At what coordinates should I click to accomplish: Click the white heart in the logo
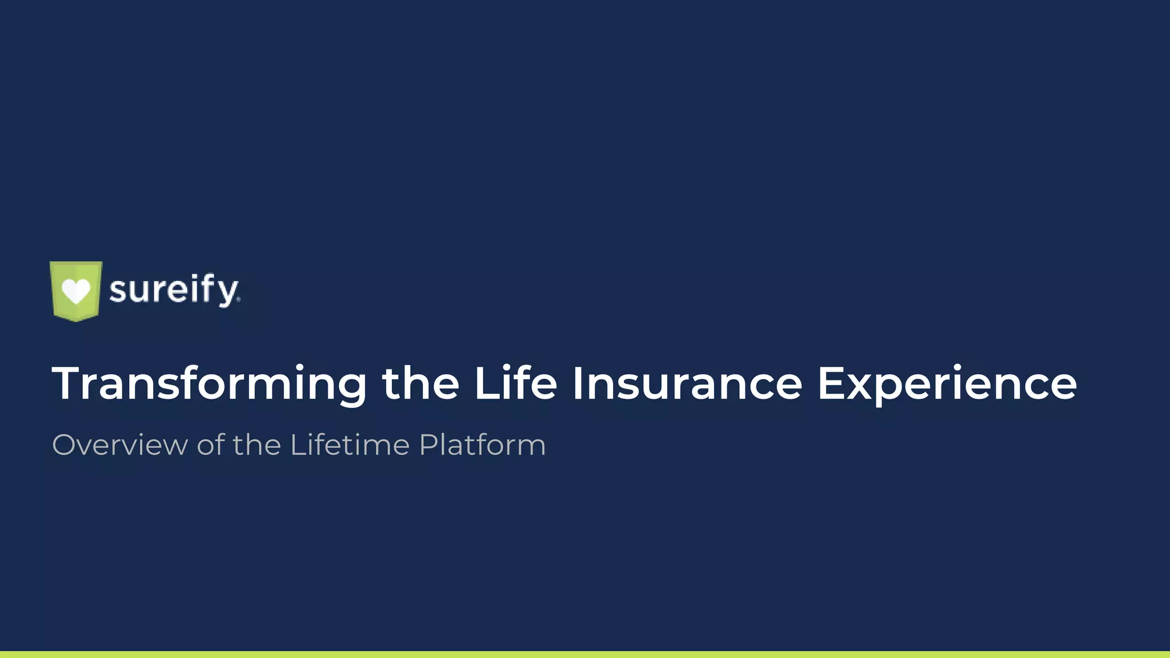pos(76,291)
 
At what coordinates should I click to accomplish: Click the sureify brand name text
pos(174,290)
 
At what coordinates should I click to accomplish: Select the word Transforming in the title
pos(209,384)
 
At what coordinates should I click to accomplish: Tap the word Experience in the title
pos(947,384)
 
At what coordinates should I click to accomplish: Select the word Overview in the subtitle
pos(119,445)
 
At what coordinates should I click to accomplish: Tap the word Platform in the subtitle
pos(482,445)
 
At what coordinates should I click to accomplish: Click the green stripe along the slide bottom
pos(585,655)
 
